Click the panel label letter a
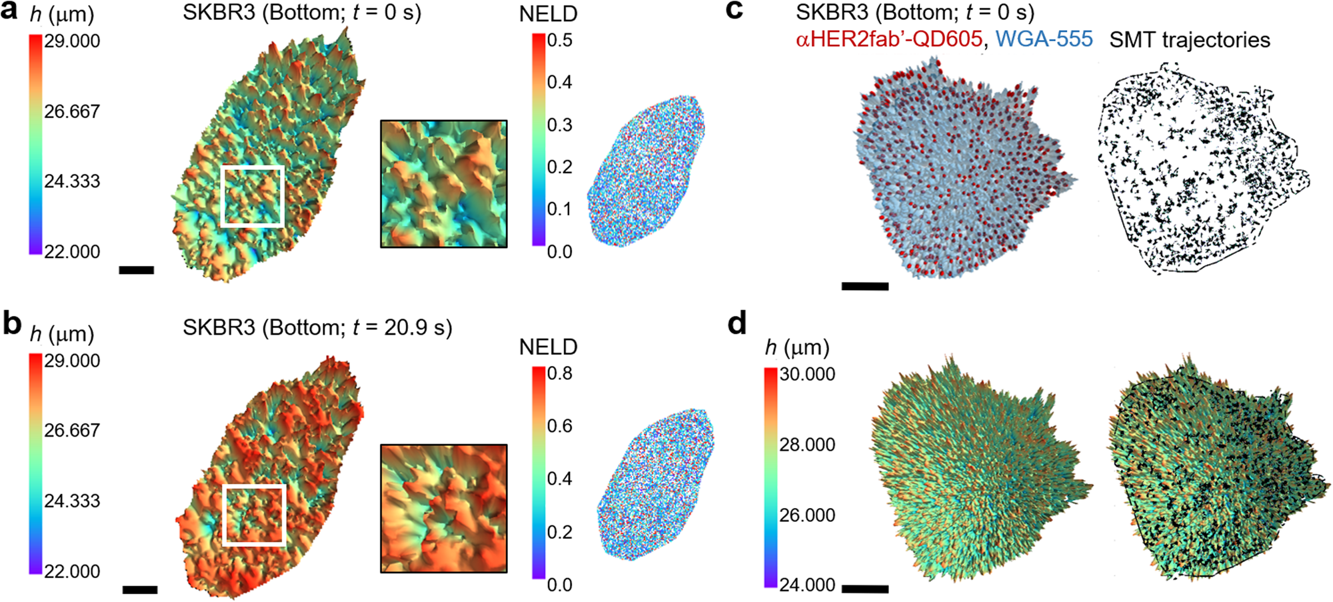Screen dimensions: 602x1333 [x=9, y=12]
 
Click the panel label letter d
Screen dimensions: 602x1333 [x=736, y=324]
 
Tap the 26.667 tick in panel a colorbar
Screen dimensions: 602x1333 [x=71, y=111]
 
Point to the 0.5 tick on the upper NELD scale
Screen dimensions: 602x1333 [x=559, y=41]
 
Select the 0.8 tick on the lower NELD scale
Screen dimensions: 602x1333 [x=559, y=373]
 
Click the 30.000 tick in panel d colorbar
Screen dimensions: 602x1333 [x=807, y=374]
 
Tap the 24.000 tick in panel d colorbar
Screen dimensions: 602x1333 [x=807, y=585]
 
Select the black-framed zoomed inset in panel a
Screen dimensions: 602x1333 [x=444, y=184]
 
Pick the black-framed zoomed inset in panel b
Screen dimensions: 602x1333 [x=444, y=508]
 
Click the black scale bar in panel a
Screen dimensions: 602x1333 [x=137, y=270]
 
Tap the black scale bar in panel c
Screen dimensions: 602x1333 [x=865, y=286]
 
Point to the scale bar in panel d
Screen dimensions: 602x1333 [x=865, y=589]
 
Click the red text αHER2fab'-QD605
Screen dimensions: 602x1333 [x=888, y=39]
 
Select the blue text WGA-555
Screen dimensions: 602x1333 [x=1044, y=39]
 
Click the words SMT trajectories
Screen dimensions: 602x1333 [x=1190, y=40]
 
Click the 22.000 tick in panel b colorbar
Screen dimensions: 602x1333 [x=71, y=571]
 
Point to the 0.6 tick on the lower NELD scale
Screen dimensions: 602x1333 [x=559, y=426]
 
